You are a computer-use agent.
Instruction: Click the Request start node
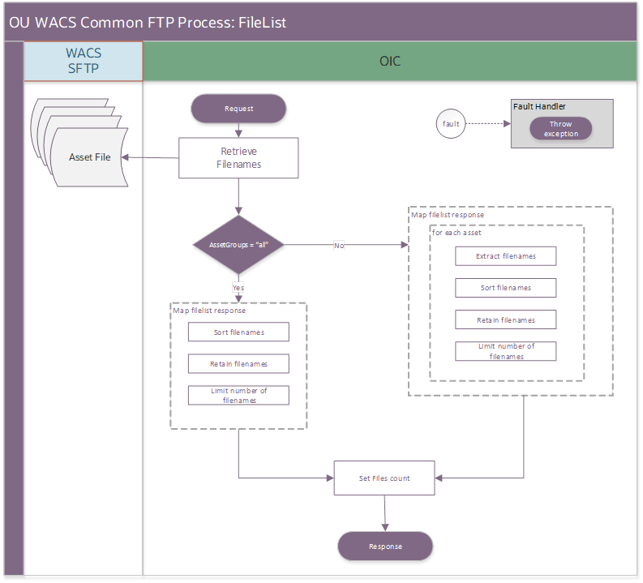pyautogui.click(x=238, y=109)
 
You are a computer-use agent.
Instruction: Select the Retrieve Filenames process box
pyautogui.click(x=238, y=158)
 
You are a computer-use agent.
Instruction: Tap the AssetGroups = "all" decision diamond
pyautogui.click(x=238, y=244)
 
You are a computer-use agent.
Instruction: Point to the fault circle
pyautogui.click(x=451, y=124)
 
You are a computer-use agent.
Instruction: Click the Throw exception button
pyautogui.click(x=560, y=129)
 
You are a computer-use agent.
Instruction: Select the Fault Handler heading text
pyautogui.click(x=539, y=106)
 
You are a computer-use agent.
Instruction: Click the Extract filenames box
pyautogui.click(x=506, y=256)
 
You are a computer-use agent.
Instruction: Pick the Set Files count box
pyautogui.click(x=384, y=478)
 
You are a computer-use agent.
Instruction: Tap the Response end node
pyautogui.click(x=385, y=547)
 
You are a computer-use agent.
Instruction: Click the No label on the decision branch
pyautogui.click(x=338, y=245)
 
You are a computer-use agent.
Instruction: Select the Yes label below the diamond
pyautogui.click(x=238, y=287)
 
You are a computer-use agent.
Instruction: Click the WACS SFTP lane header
pyautogui.click(x=84, y=61)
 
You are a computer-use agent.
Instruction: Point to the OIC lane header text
pyautogui.click(x=390, y=62)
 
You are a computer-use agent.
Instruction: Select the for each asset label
pyautogui.click(x=458, y=233)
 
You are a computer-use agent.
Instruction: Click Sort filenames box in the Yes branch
pyautogui.click(x=238, y=332)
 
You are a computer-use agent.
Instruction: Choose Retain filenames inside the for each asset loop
pyautogui.click(x=506, y=320)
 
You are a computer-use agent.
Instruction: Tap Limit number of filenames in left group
pyautogui.click(x=238, y=395)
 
